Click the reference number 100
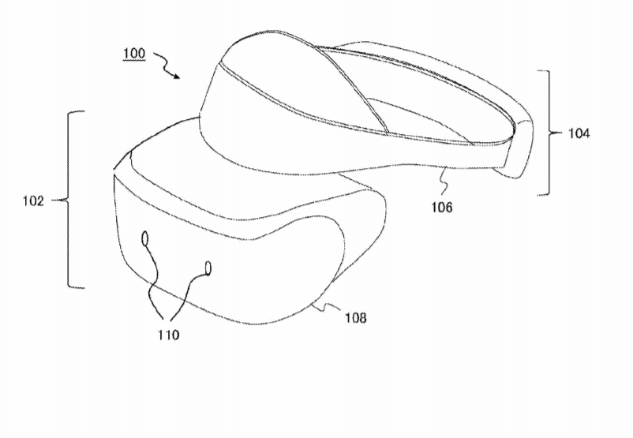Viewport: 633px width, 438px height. [134, 54]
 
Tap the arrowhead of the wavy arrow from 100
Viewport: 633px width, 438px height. [177, 77]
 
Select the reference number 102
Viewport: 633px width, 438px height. [33, 200]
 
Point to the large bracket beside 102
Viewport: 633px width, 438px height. [69, 200]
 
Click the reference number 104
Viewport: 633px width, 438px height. [579, 133]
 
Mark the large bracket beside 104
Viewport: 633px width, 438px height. [549, 133]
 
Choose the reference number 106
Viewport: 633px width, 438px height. [442, 207]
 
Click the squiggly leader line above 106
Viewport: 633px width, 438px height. [444, 184]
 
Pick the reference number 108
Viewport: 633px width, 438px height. [355, 318]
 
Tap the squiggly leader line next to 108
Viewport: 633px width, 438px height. [328, 307]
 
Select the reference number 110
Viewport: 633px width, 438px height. [168, 335]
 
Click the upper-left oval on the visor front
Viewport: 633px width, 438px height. [145, 238]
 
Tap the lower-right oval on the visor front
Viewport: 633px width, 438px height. [208, 268]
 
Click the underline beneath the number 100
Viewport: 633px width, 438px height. [134, 61]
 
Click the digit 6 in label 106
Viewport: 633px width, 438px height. [448, 207]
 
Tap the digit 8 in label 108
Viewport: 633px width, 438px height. [362, 318]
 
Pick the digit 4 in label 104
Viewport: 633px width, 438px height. [586, 133]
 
